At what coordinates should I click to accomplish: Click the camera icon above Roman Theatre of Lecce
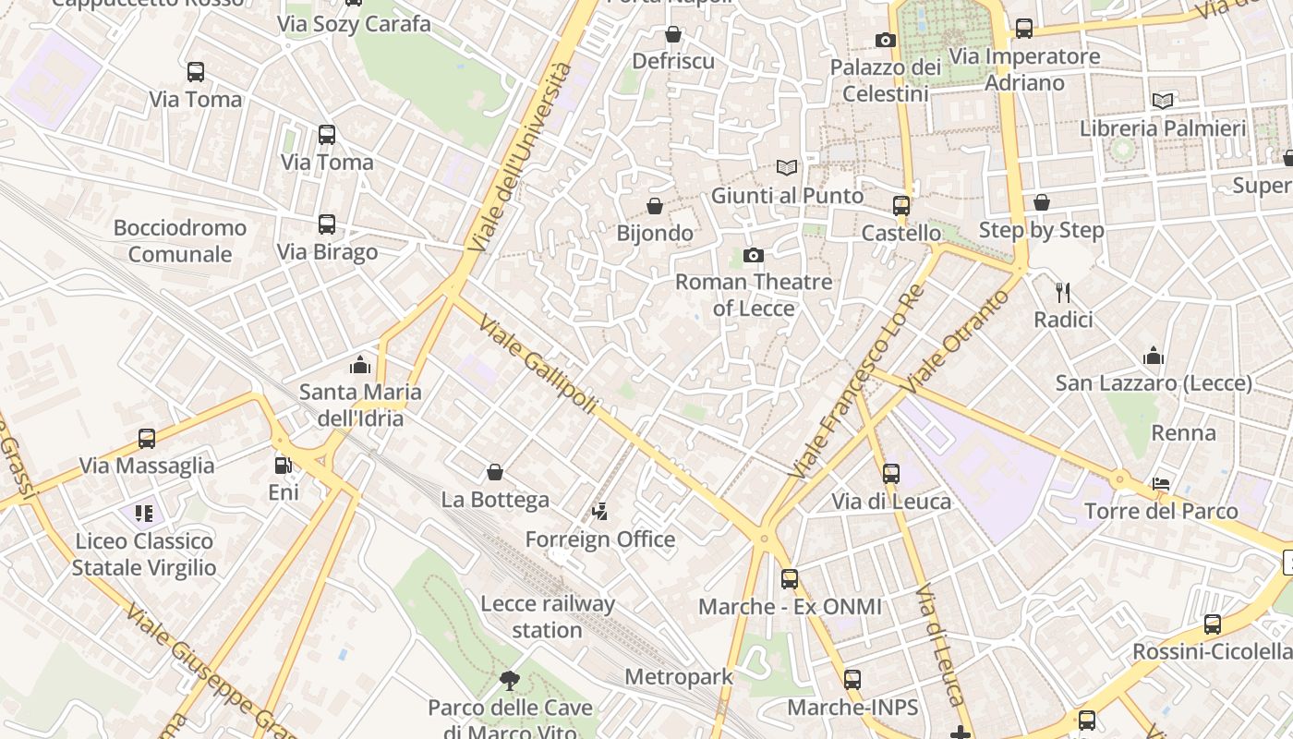(754, 255)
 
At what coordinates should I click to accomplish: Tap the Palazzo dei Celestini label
(885, 80)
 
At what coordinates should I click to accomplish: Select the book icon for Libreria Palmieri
(1163, 101)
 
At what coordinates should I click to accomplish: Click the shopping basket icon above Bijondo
(655, 205)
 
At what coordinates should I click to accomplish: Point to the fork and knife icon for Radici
(1063, 293)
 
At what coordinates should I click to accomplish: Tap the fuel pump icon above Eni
(284, 466)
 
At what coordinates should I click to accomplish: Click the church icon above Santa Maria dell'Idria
(360, 365)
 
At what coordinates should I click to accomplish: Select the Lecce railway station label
(547, 617)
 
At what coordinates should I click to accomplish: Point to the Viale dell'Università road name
(520, 158)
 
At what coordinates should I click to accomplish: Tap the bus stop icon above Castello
(901, 205)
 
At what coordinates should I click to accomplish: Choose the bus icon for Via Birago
(327, 224)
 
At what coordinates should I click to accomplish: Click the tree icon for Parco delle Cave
(509, 682)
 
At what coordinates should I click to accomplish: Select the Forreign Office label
(600, 539)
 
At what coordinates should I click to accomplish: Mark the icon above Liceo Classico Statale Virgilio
(143, 513)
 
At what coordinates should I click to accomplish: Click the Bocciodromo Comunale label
(180, 240)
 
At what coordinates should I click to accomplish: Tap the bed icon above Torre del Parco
(1161, 484)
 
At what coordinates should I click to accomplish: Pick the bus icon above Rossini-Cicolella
(1213, 624)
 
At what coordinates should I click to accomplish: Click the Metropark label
(679, 676)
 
